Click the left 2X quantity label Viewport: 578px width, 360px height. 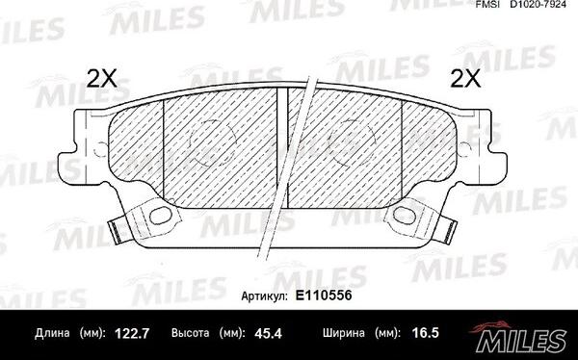101,78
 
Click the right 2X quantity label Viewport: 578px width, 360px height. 465,78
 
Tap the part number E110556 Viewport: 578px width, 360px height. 324,296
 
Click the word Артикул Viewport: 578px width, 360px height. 264,296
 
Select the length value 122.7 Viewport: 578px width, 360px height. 132,333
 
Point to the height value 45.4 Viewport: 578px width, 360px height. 268,333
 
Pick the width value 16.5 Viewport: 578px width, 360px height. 425,333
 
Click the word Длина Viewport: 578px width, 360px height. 52,333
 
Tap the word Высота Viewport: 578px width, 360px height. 190,333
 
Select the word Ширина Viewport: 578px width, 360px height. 344,333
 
